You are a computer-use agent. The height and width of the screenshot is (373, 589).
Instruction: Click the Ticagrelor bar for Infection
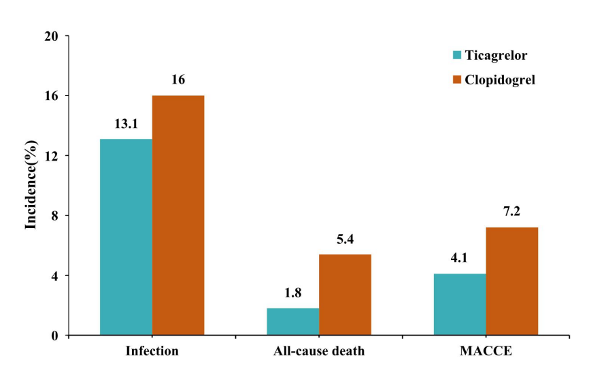pyautogui.click(x=126, y=237)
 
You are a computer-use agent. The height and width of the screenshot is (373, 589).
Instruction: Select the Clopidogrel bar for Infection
pyautogui.click(x=178, y=215)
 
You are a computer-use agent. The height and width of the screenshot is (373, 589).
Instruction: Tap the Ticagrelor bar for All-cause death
pyautogui.click(x=292, y=321)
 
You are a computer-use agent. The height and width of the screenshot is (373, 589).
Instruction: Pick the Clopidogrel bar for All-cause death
pyautogui.click(x=345, y=294)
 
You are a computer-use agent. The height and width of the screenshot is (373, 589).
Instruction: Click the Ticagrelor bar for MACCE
pyautogui.click(x=460, y=304)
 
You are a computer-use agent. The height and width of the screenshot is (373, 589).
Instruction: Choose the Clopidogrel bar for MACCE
pyautogui.click(x=512, y=281)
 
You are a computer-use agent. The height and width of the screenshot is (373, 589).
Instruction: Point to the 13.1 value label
pyautogui.click(x=126, y=125)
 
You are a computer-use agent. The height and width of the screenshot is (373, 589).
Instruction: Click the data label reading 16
pyautogui.click(x=178, y=80)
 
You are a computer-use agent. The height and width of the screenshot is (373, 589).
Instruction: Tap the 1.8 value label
pyautogui.click(x=292, y=293)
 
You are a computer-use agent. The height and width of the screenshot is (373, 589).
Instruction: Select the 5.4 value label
pyautogui.click(x=345, y=240)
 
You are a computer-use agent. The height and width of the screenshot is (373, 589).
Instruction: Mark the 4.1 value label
pyautogui.click(x=460, y=259)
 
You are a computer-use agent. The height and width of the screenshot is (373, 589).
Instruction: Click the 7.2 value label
pyautogui.click(x=512, y=212)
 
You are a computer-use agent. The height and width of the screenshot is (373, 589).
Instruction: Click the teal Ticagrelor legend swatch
pyautogui.click(x=456, y=54)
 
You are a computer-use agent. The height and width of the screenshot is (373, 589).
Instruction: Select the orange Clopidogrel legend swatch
pyautogui.click(x=456, y=80)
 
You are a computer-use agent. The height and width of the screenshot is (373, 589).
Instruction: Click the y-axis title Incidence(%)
pyautogui.click(x=31, y=185)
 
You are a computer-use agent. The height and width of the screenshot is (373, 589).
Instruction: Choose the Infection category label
pyautogui.click(x=152, y=352)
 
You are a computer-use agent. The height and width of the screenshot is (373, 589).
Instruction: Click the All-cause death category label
pyautogui.click(x=319, y=352)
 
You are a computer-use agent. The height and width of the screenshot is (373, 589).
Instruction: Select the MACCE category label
pyautogui.click(x=486, y=352)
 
